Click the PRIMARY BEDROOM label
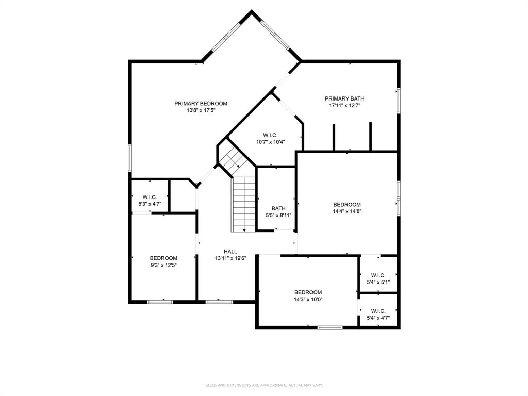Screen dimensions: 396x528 (201, 104)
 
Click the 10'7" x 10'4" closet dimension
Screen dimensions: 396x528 (271, 142)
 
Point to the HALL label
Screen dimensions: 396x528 (230, 252)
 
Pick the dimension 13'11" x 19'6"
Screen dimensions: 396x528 (230, 259)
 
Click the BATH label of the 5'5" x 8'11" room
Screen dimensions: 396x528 (278, 209)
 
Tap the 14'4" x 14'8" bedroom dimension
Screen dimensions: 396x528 (347, 211)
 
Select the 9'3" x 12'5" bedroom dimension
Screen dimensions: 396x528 (163, 266)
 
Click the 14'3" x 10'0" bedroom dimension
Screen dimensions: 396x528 (308, 299)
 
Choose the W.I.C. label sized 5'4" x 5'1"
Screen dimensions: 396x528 (377, 275)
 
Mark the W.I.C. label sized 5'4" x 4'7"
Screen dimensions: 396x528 (377, 311)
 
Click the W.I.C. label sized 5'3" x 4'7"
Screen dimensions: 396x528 (150, 197)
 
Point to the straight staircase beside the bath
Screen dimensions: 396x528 (244, 204)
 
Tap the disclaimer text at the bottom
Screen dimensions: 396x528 (264, 385)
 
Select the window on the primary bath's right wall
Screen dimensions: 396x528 (398, 100)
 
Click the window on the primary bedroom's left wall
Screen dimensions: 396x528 (130, 158)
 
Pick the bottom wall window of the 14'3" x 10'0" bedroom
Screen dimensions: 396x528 (329, 327)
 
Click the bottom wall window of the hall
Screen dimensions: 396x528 (216, 302)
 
